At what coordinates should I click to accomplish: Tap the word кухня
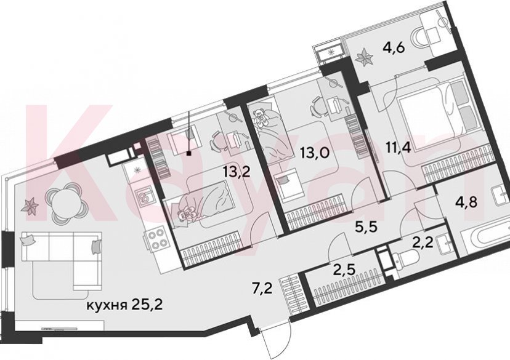(x=107, y=305)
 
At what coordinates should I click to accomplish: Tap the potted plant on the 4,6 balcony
(x=365, y=58)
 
